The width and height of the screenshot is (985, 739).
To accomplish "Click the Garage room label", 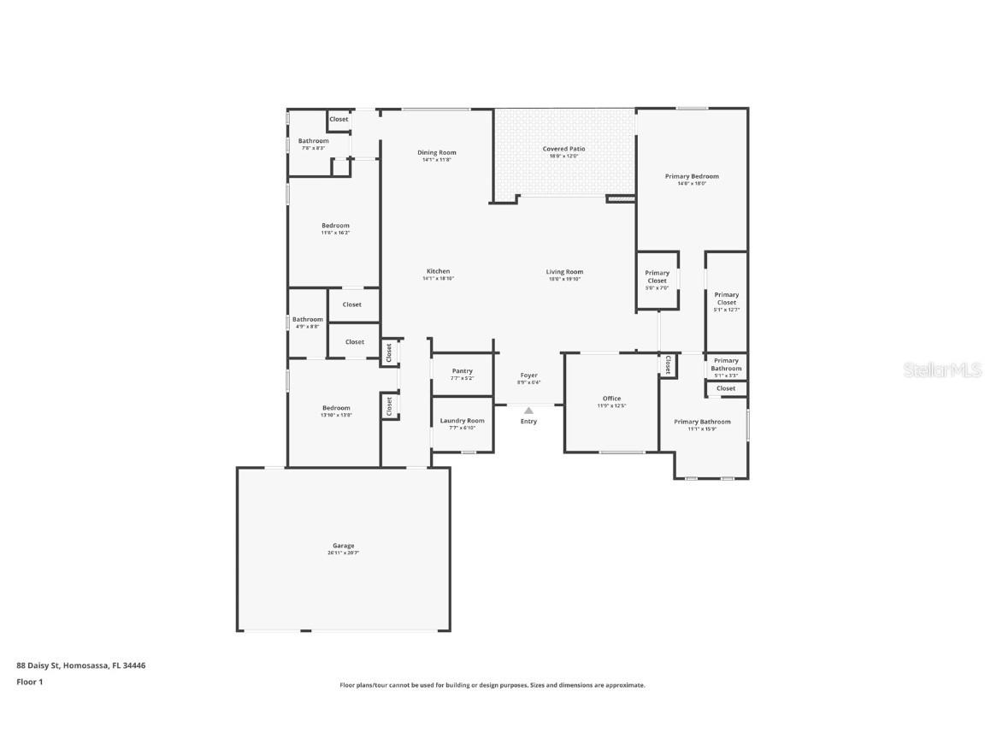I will [x=343, y=546].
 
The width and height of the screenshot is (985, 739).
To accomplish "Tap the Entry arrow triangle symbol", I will [x=528, y=411].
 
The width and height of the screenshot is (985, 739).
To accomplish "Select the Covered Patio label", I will [x=563, y=149].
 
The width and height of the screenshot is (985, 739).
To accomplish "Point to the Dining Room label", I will [x=436, y=152].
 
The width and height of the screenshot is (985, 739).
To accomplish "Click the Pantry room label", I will [x=462, y=371].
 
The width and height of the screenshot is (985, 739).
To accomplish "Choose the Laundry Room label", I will [x=462, y=421].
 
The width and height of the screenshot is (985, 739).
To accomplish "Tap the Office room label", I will [x=611, y=399].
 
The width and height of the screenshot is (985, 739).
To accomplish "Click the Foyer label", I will [x=528, y=375].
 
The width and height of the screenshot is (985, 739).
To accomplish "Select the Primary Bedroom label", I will [x=692, y=176].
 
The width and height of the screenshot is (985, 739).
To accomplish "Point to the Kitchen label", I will [x=438, y=271].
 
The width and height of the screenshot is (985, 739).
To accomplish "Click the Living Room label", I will [x=564, y=272].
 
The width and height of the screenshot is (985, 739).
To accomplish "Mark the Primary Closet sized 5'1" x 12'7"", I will [x=726, y=299].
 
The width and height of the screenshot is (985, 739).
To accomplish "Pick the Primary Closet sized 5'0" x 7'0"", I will [x=657, y=277].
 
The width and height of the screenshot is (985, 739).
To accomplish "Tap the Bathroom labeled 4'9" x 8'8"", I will [x=308, y=320].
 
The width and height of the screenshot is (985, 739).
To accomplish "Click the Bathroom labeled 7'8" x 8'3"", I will [x=313, y=141].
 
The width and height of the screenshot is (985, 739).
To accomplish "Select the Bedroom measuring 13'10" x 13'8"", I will [x=336, y=408].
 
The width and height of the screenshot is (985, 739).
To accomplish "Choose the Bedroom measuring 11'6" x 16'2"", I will [x=335, y=226].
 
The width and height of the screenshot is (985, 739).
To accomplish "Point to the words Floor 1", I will [x=29, y=682].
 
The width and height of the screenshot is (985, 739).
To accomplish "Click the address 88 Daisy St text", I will [x=43, y=665].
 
